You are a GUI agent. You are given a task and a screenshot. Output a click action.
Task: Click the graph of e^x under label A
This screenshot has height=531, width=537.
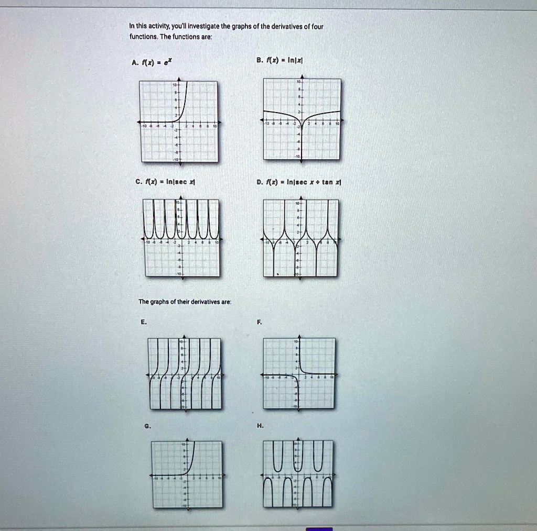click(178, 121)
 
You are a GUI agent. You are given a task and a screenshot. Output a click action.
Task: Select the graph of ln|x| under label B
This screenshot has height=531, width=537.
click(302, 119)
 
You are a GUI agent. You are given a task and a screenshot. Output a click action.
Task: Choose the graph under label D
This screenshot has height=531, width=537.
click(301, 238)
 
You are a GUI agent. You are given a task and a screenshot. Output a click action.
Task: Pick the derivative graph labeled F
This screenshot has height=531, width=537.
click(299, 373)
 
